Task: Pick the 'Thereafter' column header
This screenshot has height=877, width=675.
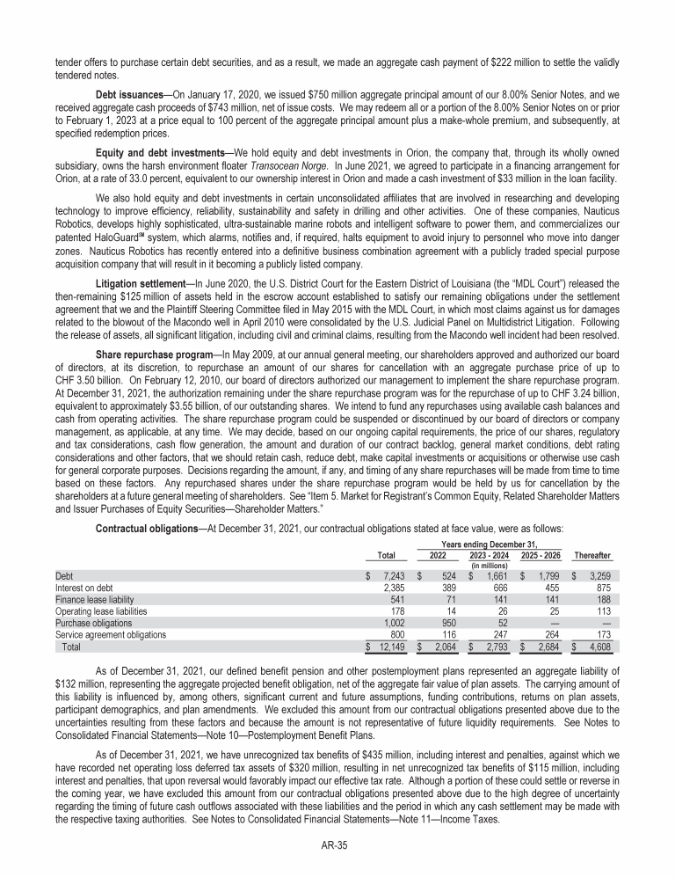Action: click(592, 556)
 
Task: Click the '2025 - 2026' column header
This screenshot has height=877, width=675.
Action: click(542, 556)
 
